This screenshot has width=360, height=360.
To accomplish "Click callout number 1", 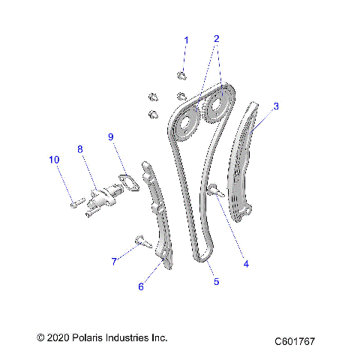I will click(187, 40).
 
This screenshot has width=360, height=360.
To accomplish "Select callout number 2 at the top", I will click(217, 38).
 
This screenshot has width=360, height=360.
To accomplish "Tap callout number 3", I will click(275, 106).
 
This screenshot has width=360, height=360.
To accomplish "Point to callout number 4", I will click(244, 263).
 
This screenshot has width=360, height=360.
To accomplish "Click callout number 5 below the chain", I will click(217, 282).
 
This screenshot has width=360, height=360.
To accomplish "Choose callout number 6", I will click(139, 286).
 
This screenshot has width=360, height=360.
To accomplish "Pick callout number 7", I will click(114, 261).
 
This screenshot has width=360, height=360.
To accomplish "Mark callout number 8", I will click(80, 148).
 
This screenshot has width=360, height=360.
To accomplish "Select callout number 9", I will click(110, 136).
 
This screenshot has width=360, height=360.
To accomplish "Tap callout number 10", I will click(53, 160).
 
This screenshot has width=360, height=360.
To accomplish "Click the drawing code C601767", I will click(295, 341).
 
